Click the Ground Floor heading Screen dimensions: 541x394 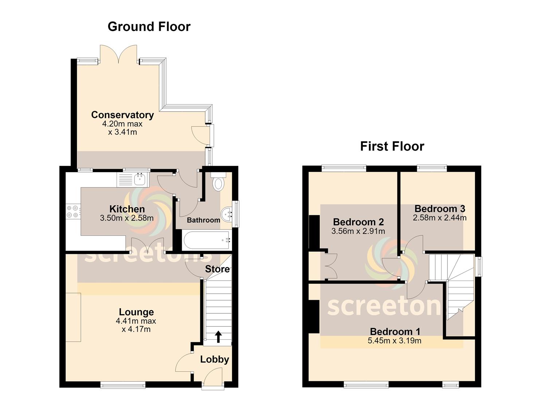click(149, 27)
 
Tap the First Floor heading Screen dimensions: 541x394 click(392, 146)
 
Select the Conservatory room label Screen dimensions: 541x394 click(122, 115)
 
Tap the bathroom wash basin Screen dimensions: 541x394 click(226, 214)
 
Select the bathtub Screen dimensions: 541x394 click(207, 240)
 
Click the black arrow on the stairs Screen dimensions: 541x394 click(218, 337)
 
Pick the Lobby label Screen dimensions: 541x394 click(215, 360)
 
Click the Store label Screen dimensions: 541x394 click(217, 269)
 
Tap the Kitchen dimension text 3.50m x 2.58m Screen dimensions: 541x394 click(127, 218)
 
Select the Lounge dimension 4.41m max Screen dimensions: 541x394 click(136, 321)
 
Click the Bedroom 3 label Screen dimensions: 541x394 click(440, 208)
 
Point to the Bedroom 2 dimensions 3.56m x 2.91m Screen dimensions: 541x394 click(358, 231)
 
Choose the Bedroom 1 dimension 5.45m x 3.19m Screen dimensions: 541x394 click(395, 341)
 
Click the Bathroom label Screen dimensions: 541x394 click(204, 220)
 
